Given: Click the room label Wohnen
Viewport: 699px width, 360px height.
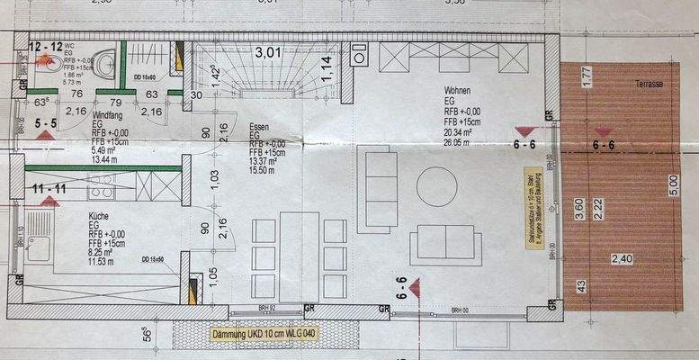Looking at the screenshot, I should click(459, 91).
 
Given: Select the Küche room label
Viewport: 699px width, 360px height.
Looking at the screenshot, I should click(99, 216).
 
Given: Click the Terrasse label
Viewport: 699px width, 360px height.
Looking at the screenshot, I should click(649, 83).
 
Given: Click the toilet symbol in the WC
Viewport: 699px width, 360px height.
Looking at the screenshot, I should click(105, 62).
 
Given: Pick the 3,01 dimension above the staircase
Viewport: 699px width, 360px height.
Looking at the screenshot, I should click(267, 52).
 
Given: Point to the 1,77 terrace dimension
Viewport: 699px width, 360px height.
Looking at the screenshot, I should click(586, 76).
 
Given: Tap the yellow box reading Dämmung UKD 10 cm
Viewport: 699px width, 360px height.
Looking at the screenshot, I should click(264, 335).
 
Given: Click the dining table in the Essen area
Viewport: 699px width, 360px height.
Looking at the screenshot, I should click(299, 255).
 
